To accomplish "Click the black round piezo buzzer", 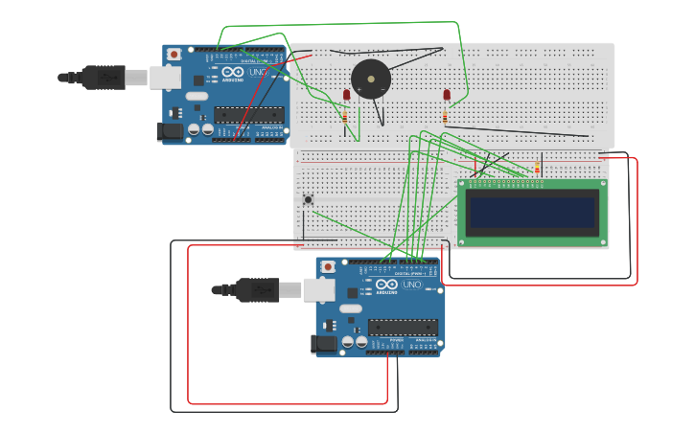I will (x=370, y=80).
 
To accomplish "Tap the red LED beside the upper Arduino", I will (x=346, y=95).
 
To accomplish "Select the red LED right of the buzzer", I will (x=447, y=95).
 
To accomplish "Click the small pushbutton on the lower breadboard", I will (x=308, y=199).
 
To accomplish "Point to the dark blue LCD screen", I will (x=532, y=212).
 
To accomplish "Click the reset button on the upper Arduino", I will (x=174, y=55).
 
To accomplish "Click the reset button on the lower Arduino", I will (x=327, y=266).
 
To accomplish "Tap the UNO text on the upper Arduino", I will (x=258, y=72).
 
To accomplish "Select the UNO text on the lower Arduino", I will (x=411, y=285).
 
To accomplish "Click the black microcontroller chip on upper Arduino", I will (x=247, y=114).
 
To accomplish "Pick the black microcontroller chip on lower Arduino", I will (x=403, y=327).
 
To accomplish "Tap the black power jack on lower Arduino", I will (x=326, y=342).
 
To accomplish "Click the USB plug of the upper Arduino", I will (x=104, y=77).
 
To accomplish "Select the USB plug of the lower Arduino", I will (x=257, y=288).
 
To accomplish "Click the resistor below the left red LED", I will (x=345, y=116).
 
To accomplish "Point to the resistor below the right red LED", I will (x=445, y=116).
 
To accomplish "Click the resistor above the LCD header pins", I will (x=537, y=170).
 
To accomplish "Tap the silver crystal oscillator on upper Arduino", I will (x=197, y=96).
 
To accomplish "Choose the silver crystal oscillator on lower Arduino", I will (x=351, y=308).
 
